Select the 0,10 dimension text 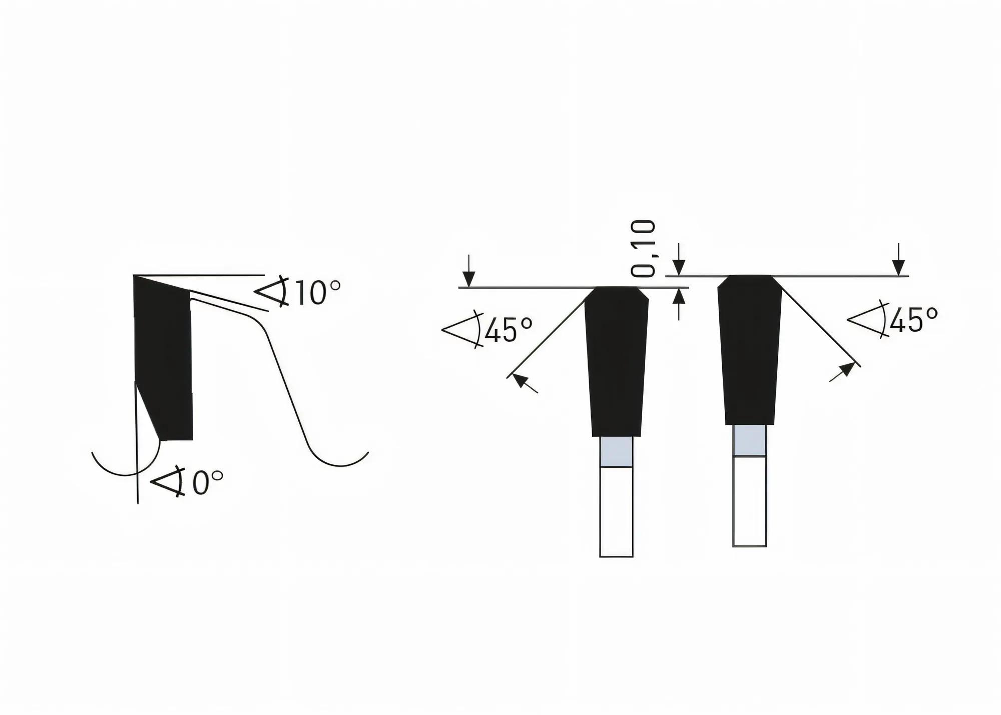coord(644,249)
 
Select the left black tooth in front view coord(617,360)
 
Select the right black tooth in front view coord(750,350)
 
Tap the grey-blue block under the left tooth coord(616,451)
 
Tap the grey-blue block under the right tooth coord(749,440)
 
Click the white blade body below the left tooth coord(616,510)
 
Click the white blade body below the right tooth coord(749,500)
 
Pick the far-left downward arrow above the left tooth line coord(468,273)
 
